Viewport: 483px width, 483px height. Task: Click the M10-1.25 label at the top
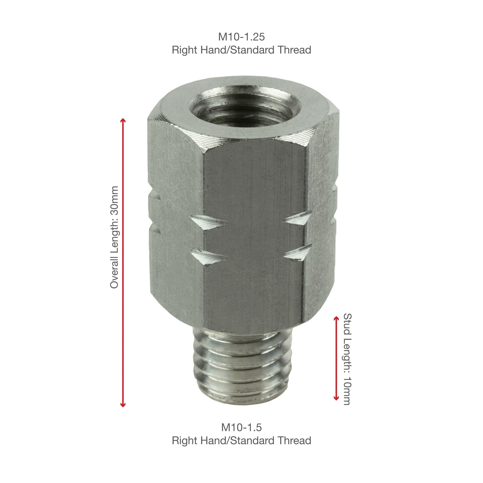pyautogui.click(x=241, y=37)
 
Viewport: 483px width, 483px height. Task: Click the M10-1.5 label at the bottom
pyautogui.click(x=241, y=427)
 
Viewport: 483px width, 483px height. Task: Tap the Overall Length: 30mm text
pyautogui.click(x=114, y=237)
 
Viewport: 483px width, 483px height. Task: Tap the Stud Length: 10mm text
pyautogui.click(x=347, y=359)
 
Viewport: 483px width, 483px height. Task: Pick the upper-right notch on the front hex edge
pyautogui.click(x=299, y=218)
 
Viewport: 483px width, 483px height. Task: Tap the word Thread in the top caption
pyautogui.click(x=294, y=50)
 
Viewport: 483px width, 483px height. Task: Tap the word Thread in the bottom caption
pyautogui.click(x=294, y=440)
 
